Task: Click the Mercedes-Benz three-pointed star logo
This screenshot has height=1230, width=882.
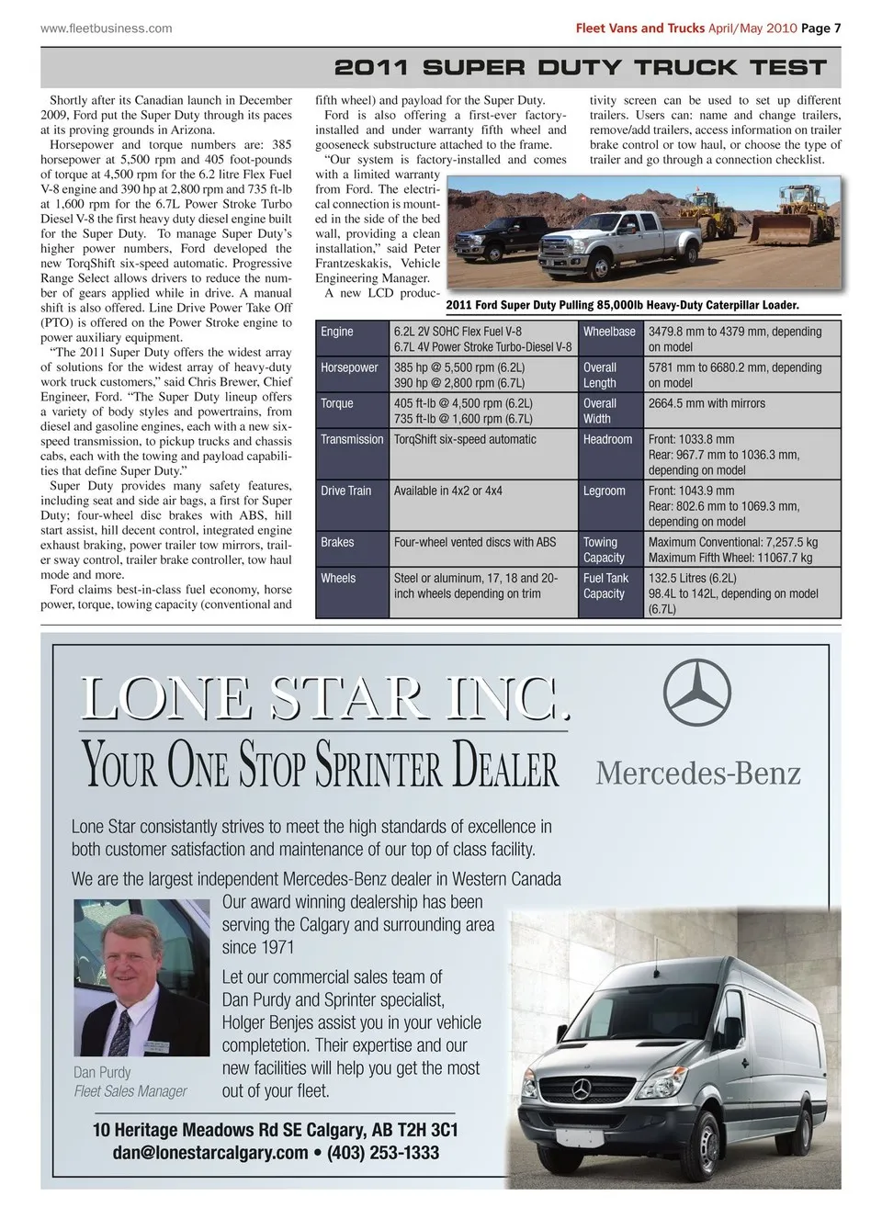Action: click(x=697, y=692)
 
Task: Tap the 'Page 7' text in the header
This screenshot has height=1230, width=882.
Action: click(x=820, y=28)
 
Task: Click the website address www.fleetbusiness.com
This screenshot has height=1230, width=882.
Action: click(x=106, y=28)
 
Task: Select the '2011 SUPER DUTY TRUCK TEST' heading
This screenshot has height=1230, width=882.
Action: click(x=580, y=67)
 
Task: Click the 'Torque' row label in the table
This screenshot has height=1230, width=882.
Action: click(x=336, y=403)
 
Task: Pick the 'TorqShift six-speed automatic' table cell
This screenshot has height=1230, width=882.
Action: click(x=465, y=439)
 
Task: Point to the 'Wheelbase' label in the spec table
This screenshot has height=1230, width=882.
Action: click(x=609, y=332)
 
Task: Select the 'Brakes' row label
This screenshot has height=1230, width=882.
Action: click(x=337, y=542)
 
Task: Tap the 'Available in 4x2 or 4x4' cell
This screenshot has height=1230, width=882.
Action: click(x=447, y=491)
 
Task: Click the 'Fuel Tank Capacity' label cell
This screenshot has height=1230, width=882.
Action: click(x=605, y=585)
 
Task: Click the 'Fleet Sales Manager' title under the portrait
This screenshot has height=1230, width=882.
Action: click(x=130, y=1091)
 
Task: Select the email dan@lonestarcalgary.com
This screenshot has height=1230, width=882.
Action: click(x=210, y=1153)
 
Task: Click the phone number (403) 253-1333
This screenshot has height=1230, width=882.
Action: click(x=383, y=1153)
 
